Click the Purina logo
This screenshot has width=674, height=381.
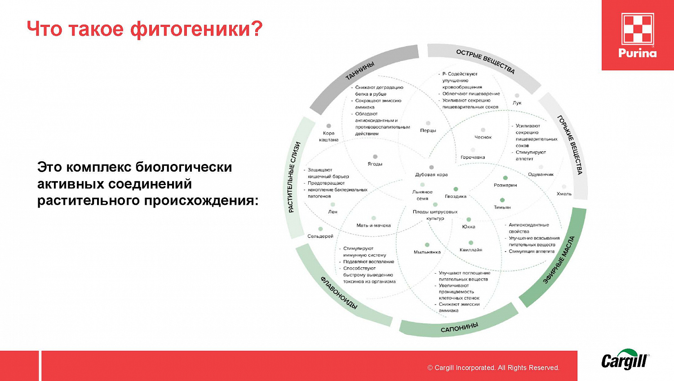pyautogui.click(x=637, y=35)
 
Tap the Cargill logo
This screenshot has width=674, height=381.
pyautogui.click(x=625, y=360)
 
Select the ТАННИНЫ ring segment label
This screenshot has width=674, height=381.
pyautogui.click(x=359, y=71)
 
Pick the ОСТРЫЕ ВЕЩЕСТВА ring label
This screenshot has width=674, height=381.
pyautogui.click(x=485, y=61)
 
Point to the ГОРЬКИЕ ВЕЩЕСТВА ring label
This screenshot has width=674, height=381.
pyautogui.click(x=570, y=145)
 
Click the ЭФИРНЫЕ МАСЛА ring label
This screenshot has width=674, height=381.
pyautogui.click(x=559, y=259)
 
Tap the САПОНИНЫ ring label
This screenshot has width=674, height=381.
pyautogui.click(x=459, y=328)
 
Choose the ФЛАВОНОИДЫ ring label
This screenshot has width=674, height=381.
pyautogui.click(x=339, y=293)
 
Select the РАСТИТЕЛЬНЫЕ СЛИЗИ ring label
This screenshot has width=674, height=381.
pyautogui.click(x=294, y=177)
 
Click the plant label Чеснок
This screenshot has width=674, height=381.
pyautogui.click(x=483, y=137)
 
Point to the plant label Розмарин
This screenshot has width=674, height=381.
pyautogui.click(x=505, y=185)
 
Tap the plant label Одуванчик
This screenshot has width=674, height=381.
pyautogui.click(x=541, y=174)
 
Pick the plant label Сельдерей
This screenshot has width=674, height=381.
pyautogui.click(x=320, y=236)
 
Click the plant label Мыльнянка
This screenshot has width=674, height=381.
pyautogui.click(x=427, y=252)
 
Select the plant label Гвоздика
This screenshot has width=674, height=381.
pyautogui.click(x=456, y=196)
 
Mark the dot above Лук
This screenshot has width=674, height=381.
pyautogui.click(x=517, y=96)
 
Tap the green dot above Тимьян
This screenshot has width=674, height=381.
pyautogui.click(x=502, y=200)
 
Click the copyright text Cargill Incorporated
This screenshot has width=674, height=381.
pyautogui.click(x=493, y=368)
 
